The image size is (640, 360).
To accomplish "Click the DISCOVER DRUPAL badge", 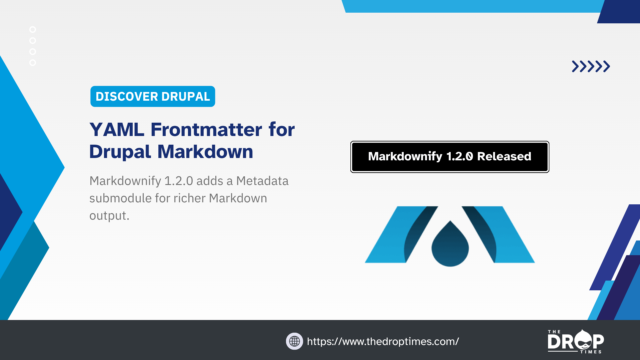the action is (153, 96).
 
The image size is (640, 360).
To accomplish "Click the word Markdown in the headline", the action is (205, 152).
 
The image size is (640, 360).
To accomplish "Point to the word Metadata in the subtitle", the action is (262, 181).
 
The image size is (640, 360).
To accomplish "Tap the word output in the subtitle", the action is (109, 216).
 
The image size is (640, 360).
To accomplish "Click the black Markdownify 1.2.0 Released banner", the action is (450, 157).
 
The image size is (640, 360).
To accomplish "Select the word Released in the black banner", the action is (504, 156).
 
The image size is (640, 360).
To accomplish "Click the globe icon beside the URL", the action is (294, 341).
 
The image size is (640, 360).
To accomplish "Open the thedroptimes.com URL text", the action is (383, 341).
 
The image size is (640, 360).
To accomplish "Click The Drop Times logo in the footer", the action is (576, 341).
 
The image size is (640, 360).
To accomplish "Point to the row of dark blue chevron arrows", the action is (591, 66).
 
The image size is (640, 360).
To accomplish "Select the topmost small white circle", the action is (33, 30).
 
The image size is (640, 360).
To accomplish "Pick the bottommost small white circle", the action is (33, 63).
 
